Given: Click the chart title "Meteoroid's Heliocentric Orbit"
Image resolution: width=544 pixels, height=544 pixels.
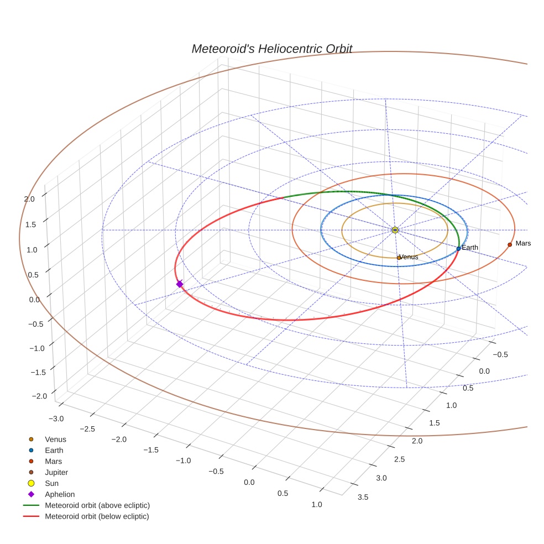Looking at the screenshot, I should point(271,49).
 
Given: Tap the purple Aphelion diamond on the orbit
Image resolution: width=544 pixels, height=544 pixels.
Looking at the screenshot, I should point(179,284).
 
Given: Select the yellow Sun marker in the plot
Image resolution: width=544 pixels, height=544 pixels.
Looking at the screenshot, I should point(395,230).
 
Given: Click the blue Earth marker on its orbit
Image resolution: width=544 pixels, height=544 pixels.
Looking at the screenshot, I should point(458,249).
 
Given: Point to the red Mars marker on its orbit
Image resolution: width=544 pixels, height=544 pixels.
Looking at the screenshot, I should point(510,244).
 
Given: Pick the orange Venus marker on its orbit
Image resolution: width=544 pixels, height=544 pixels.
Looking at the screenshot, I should point(399,258).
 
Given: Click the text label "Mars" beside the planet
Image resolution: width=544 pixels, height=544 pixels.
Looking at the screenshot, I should point(522,243).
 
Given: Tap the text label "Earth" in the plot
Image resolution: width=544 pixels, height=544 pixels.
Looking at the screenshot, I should point(470,248).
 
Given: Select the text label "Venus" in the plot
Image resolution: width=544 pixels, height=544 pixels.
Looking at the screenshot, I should point(409,257).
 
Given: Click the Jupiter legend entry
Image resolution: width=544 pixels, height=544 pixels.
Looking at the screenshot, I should point(56,472).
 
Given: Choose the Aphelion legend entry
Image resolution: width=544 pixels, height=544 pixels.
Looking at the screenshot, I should point(59,494).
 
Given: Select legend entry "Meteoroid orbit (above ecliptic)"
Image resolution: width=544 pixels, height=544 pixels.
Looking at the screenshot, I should point(97,505).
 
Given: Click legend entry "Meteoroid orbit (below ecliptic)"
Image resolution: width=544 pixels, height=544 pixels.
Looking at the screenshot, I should point(97,516).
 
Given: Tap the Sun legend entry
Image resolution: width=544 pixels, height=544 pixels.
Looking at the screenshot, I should point(51,483).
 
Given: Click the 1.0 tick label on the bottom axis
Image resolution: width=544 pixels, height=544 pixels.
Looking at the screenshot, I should point(317,504).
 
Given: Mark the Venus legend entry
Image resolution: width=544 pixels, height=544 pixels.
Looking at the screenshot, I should point(55,439).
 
